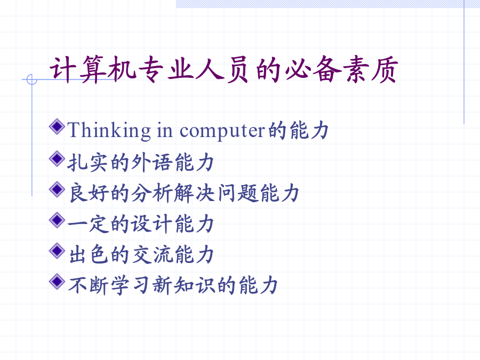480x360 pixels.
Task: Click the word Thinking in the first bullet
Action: (x=109, y=131)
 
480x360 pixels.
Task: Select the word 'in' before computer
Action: (x=165, y=130)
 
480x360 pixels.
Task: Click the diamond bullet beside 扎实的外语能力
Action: (x=57, y=158)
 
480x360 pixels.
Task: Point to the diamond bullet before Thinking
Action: (x=57, y=126)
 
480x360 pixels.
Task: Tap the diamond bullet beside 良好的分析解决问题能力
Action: (x=57, y=189)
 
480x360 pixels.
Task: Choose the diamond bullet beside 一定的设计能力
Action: (x=57, y=220)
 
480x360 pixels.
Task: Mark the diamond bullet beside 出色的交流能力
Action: (x=57, y=251)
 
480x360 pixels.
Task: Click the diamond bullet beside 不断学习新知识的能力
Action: (x=57, y=282)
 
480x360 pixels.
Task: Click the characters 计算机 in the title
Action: (x=93, y=69)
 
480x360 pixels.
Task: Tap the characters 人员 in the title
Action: (x=222, y=69)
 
